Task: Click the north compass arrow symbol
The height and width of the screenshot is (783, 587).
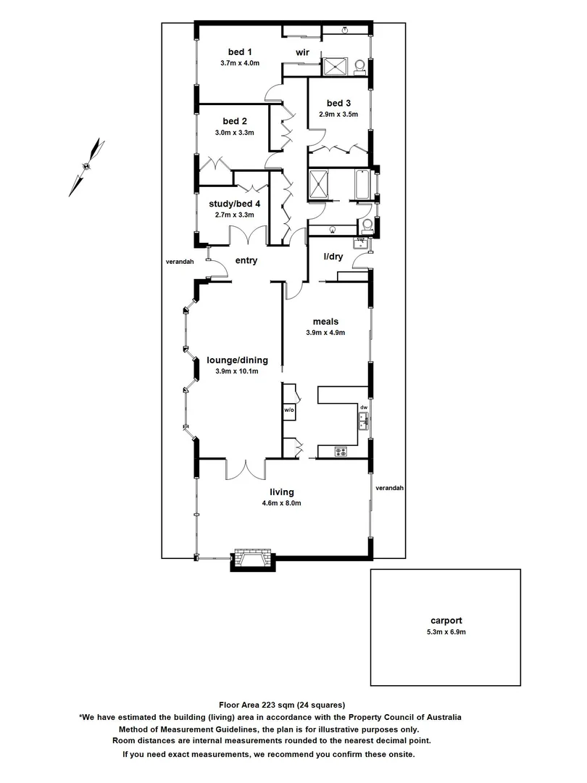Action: point(87,165)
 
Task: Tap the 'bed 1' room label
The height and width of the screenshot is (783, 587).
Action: point(239,51)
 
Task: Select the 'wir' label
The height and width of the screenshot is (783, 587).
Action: point(302,52)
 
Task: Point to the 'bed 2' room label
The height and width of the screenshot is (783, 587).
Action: point(235,120)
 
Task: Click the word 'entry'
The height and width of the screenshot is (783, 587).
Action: point(246,261)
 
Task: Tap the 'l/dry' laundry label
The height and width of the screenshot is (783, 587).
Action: point(333,257)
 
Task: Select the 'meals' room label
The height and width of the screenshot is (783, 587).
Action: point(325,321)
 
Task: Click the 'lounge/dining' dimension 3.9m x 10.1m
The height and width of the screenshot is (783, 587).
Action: point(237,371)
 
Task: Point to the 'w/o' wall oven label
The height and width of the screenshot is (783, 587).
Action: point(288,410)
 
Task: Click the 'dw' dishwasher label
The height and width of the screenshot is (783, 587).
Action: point(364,407)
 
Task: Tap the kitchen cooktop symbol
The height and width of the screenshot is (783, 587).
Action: point(341,452)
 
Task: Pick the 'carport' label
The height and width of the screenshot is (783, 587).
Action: point(446,621)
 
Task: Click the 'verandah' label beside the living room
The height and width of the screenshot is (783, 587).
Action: point(389,488)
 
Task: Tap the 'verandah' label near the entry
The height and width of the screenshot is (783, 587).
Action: point(178,262)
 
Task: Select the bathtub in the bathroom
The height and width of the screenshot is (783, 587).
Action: point(363,186)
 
